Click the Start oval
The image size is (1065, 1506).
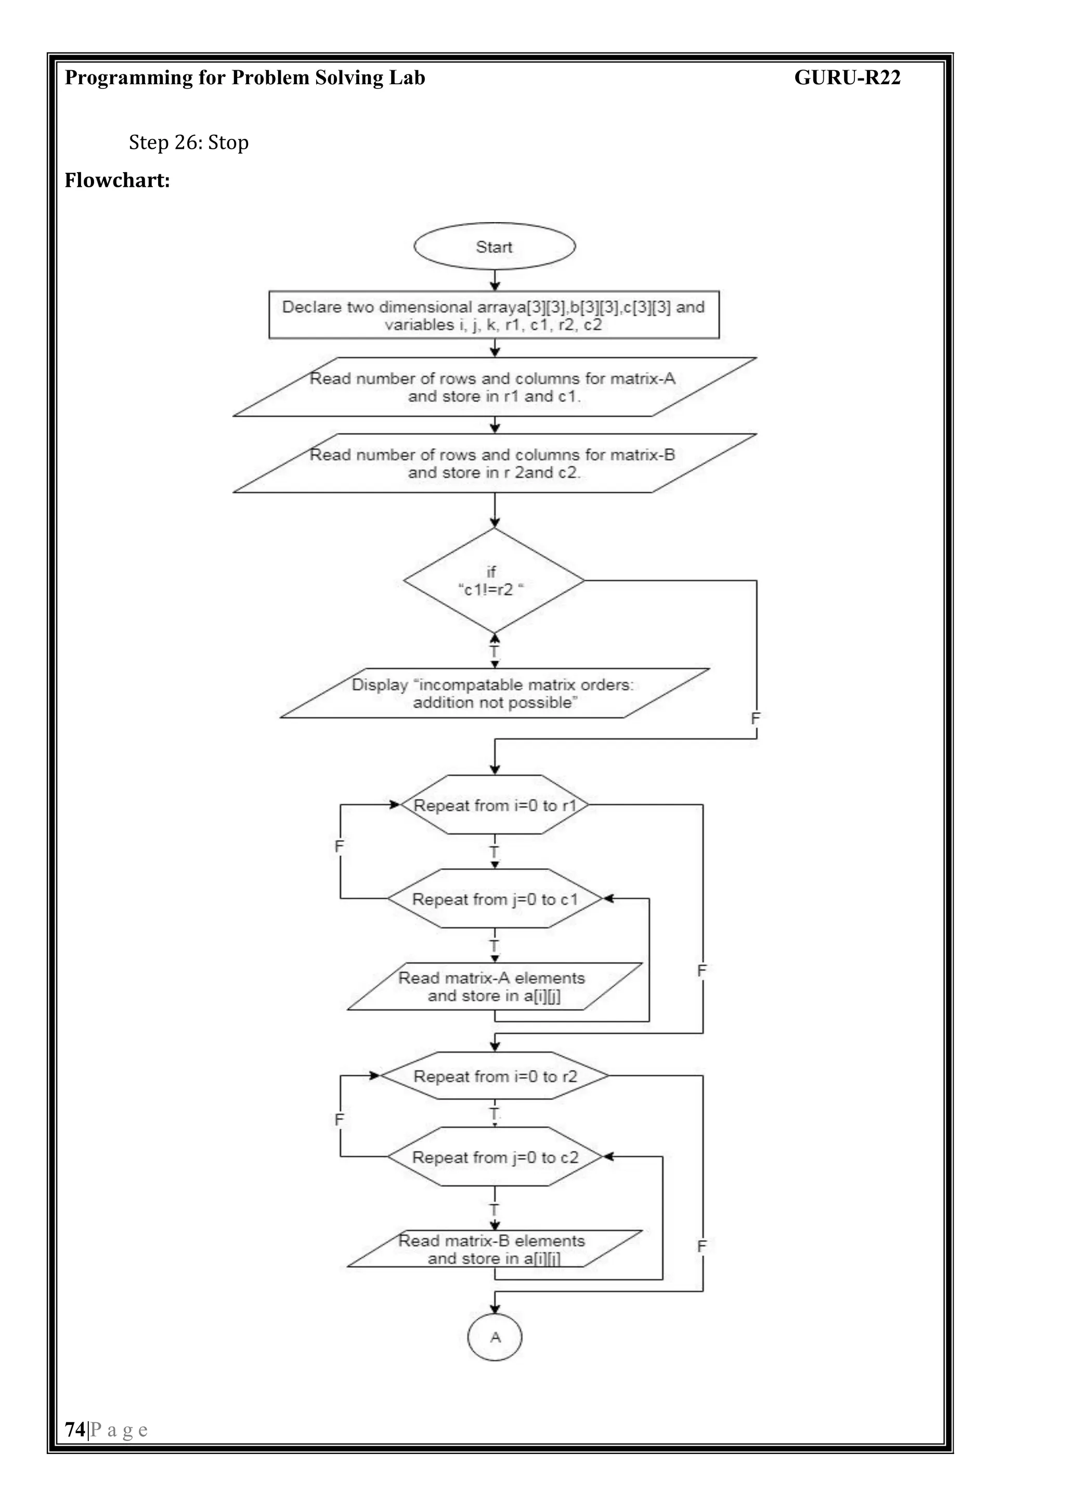[495, 247]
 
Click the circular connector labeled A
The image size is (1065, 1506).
[495, 1337]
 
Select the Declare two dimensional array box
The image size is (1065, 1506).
[494, 315]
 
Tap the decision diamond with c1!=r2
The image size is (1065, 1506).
[493, 581]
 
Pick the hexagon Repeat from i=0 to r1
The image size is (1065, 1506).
[495, 805]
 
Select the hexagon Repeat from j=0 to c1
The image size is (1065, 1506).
[495, 898]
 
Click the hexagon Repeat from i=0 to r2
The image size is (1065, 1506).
[495, 1076]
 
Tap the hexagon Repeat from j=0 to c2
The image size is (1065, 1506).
[495, 1157]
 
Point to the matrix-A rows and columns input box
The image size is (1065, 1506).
[495, 387]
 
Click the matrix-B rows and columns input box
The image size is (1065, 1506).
[495, 463]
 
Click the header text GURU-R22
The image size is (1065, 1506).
[847, 78]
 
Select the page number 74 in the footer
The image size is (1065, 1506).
[75, 1429]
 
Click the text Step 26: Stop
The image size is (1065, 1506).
[189, 143]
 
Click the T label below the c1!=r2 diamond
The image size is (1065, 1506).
[495, 652]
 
